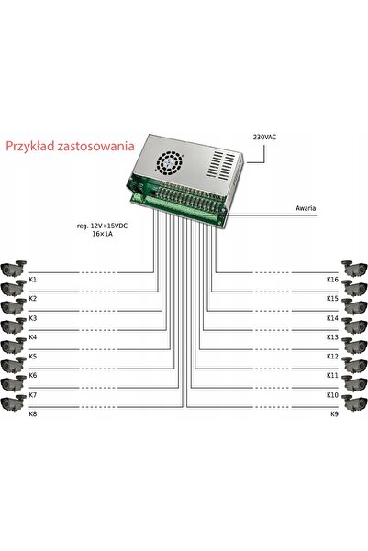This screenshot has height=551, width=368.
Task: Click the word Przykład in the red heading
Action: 30,146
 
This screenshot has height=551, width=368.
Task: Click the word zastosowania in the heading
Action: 95,146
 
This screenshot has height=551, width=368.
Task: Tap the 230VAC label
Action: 264,137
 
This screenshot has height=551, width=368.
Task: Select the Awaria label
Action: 306,208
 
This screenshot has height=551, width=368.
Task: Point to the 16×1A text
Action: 103,234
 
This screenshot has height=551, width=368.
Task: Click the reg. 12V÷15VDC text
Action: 102,226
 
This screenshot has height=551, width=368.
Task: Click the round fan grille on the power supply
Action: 170,162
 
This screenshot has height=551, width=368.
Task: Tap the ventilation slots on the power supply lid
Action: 221,165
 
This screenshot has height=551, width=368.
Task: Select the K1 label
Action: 32,280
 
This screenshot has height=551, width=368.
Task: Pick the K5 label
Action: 32,357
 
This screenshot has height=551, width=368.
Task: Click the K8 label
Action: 32,414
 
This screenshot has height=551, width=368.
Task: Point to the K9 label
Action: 335,414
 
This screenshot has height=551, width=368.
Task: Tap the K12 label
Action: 332,357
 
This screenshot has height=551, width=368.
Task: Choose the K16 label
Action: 332,280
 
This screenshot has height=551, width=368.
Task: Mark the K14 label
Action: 332,318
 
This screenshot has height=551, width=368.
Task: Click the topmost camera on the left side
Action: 14,269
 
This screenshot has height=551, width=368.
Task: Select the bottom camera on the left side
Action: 14,403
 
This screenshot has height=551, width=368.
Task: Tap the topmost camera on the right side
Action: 354,269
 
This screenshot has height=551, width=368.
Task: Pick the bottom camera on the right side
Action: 354,403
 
